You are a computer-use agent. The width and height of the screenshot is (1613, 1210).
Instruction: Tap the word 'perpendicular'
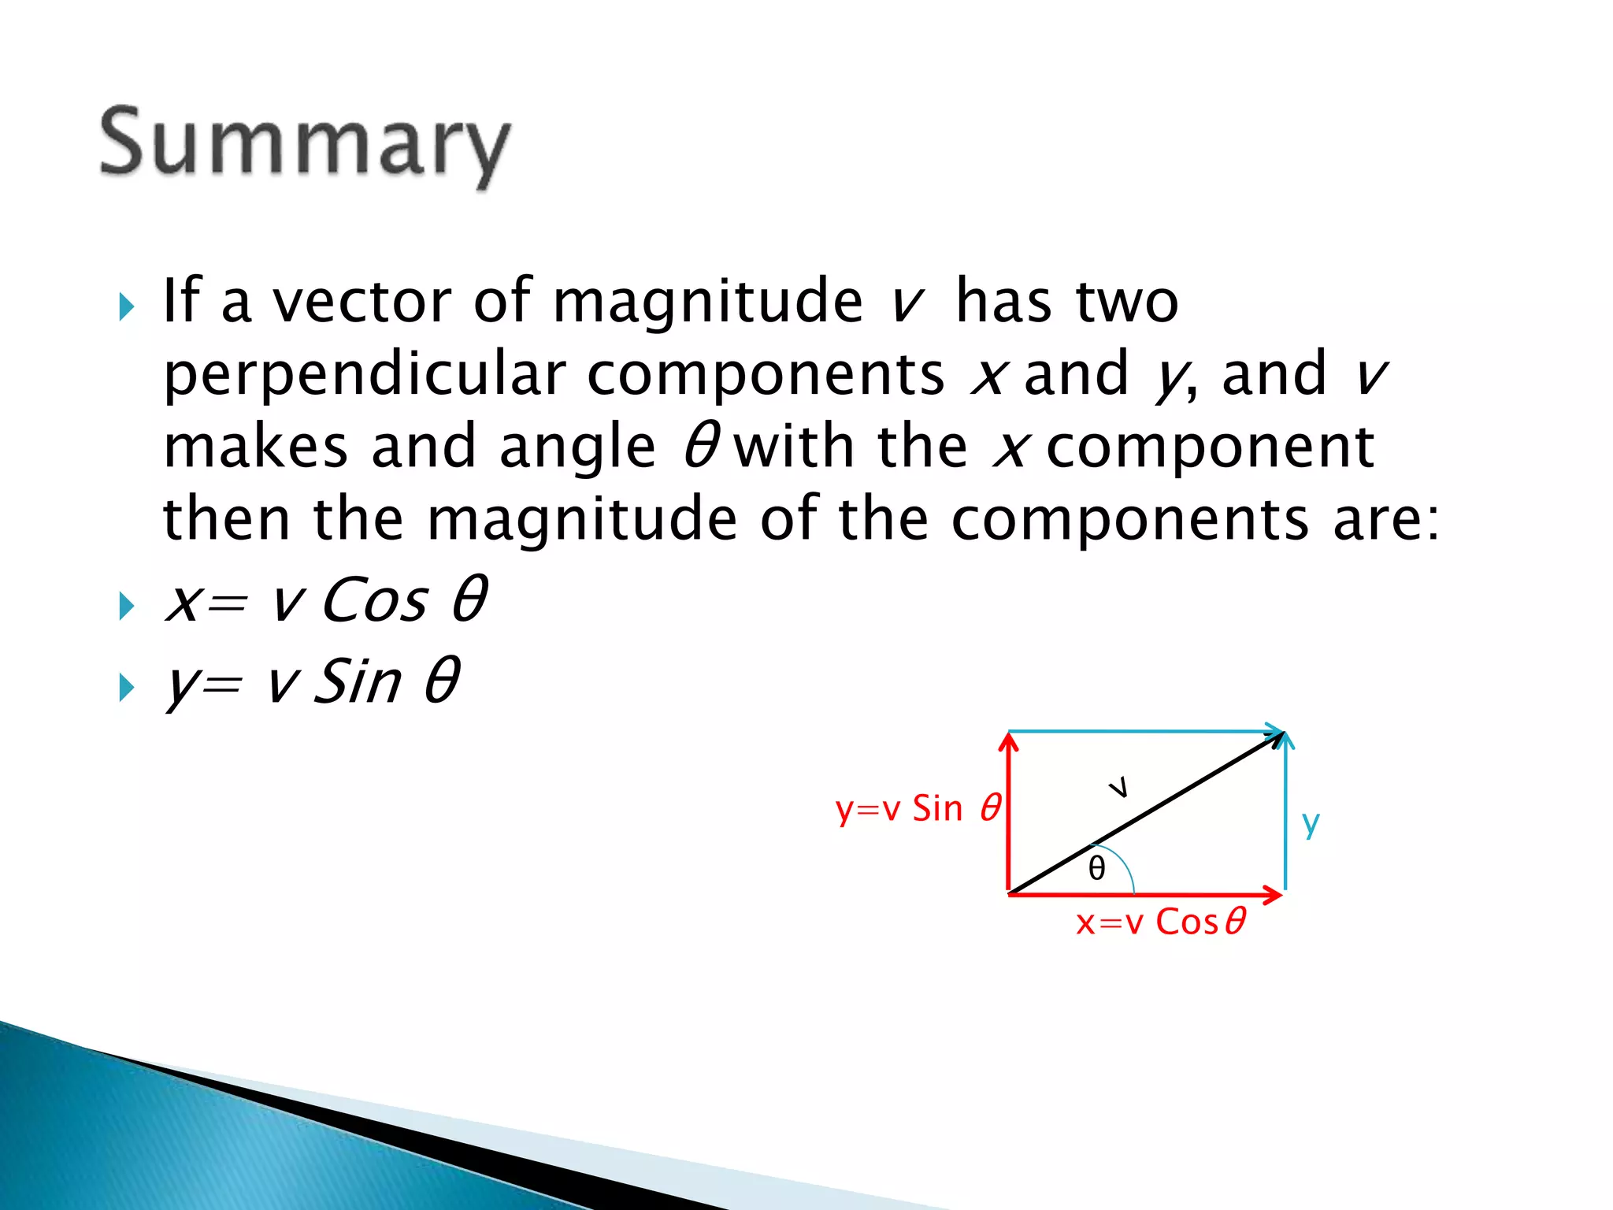click(x=364, y=375)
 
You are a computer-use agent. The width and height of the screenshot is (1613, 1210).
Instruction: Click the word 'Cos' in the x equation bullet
click(x=375, y=600)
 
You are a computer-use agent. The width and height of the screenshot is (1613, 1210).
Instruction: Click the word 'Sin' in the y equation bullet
click(x=358, y=681)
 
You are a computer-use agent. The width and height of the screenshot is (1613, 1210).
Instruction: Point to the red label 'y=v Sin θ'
click(x=918, y=809)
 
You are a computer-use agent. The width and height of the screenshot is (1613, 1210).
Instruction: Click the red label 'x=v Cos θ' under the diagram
click(x=1160, y=922)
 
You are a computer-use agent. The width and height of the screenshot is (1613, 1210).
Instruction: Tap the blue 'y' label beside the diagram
click(x=1311, y=824)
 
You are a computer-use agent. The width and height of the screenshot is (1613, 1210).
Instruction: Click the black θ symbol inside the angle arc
click(x=1096, y=869)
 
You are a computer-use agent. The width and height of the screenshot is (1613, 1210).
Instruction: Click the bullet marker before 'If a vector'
click(x=126, y=306)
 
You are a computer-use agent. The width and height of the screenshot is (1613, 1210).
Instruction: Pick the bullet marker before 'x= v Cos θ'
click(x=126, y=607)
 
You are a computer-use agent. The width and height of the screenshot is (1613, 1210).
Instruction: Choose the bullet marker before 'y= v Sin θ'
click(x=126, y=688)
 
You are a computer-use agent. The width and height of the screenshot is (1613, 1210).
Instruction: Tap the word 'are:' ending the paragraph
click(x=1386, y=520)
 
